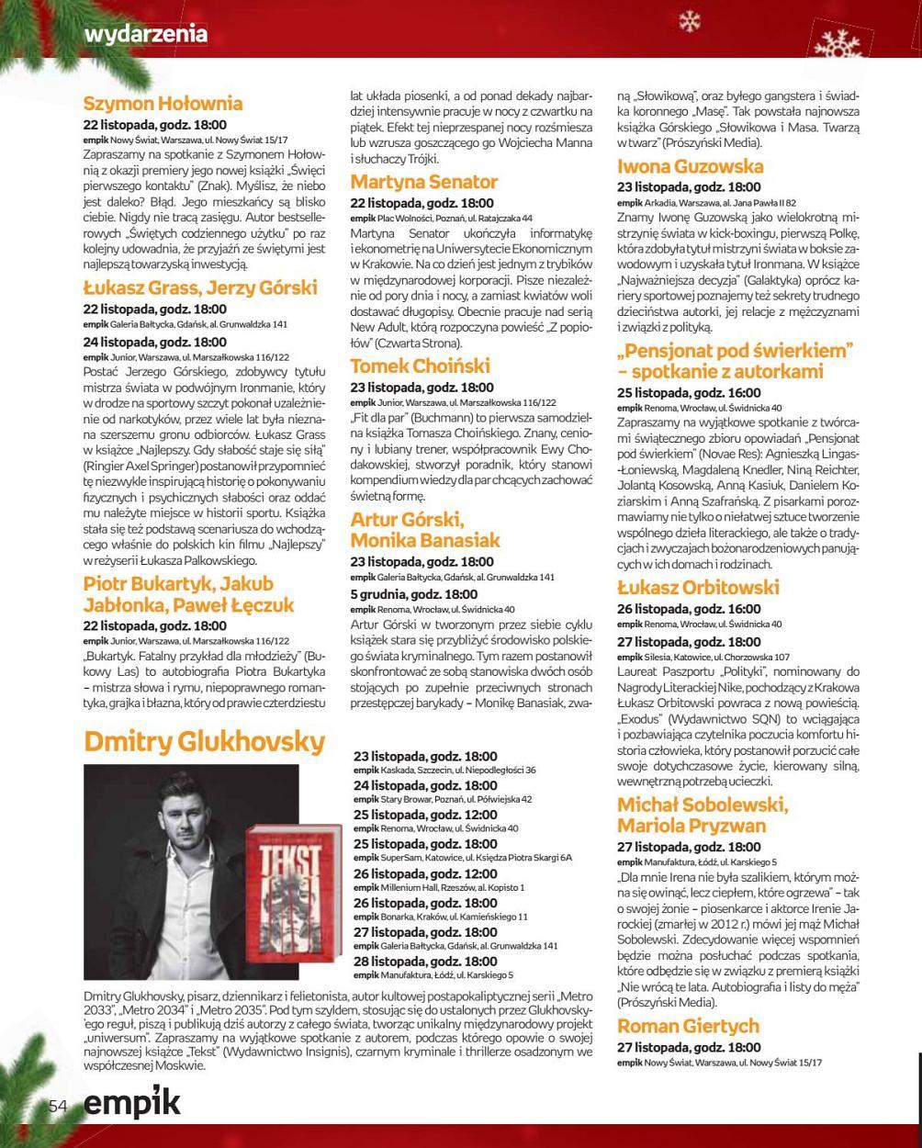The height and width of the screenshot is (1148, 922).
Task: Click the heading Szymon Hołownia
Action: (x=163, y=104)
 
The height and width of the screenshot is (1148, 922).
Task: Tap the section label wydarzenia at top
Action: (x=145, y=34)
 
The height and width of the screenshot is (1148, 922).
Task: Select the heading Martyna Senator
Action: (x=423, y=182)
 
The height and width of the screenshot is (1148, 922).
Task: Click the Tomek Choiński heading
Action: (x=420, y=366)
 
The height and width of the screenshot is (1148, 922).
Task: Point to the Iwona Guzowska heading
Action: (x=690, y=167)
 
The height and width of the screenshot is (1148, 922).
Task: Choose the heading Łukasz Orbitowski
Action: (x=697, y=588)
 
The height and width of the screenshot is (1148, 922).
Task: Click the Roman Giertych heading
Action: (x=688, y=1026)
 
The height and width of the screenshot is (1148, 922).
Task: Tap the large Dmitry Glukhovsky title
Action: (x=204, y=742)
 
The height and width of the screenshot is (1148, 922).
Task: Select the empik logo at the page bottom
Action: (x=131, y=1102)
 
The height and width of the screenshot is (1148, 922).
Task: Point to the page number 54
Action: (x=59, y=1107)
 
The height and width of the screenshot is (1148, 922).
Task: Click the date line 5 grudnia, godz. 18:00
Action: (x=413, y=594)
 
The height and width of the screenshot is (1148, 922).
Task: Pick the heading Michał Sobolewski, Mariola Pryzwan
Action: (x=702, y=816)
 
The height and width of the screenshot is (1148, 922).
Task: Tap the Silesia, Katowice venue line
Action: (x=703, y=658)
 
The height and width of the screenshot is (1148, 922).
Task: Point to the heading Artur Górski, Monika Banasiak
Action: (x=424, y=530)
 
